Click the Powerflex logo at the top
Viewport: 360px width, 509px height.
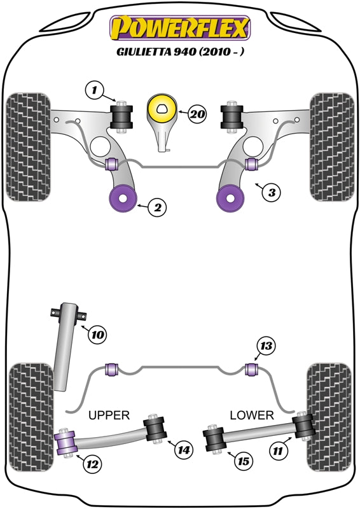point(181,27)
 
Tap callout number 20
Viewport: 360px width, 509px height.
point(198,115)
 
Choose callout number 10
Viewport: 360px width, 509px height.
point(96,333)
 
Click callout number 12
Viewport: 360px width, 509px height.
point(92,464)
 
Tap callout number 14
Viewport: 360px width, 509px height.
point(183,450)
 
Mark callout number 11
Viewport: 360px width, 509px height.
point(277,452)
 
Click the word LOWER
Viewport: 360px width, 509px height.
point(253,415)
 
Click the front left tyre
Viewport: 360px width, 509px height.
point(29,147)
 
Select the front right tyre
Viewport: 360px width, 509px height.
point(330,147)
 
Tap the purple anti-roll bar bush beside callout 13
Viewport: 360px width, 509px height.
point(251,368)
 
